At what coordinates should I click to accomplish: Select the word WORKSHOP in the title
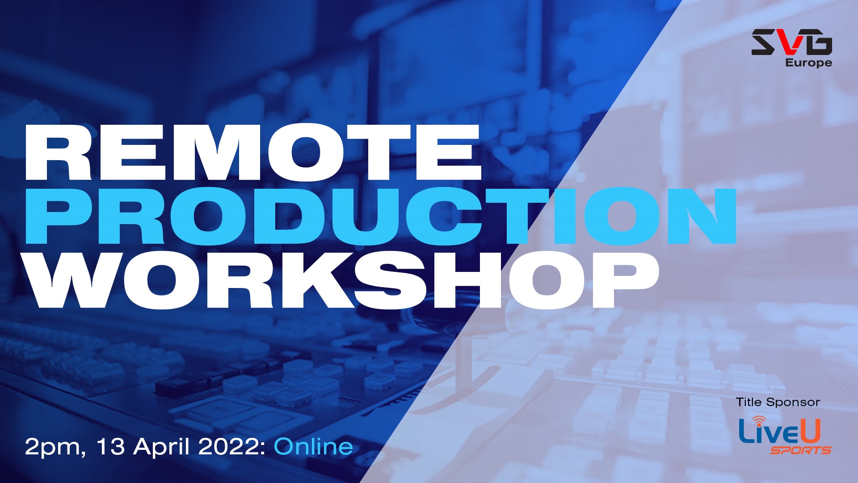pyautogui.click(x=342, y=280)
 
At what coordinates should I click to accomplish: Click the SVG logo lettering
pyautogui.click(x=791, y=42)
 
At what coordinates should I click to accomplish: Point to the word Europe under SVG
pyautogui.click(x=808, y=63)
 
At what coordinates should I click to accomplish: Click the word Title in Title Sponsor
pyautogui.click(x=749, y=402)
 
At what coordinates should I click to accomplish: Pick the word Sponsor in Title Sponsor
pyautogui.click(x=793, y=402)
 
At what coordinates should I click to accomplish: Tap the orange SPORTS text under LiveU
pyautogui.click(x=800, y=450)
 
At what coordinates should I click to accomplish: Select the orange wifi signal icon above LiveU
pyautogui.click(x=759, y=420)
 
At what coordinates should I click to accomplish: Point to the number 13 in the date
pyautogui.click(x=110, y=446)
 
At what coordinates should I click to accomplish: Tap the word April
pyautogui.click(x=162, y=447)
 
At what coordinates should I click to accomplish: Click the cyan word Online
pyautogui.click(x=313, y=446)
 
